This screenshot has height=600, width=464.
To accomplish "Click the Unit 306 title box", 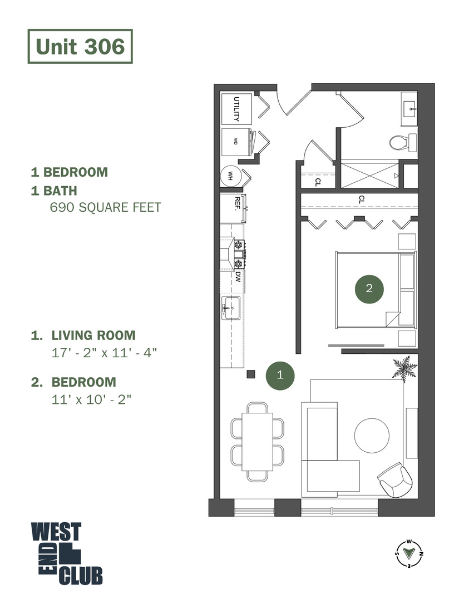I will (80, 47).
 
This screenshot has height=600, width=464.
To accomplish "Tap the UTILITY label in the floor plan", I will (236, 109).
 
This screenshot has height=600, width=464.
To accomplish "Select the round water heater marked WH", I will (230, 176).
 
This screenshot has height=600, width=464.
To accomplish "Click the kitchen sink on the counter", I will (230, 307).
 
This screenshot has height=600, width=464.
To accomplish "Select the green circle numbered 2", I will (369, 288).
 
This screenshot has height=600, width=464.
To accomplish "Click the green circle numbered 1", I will (280, 375).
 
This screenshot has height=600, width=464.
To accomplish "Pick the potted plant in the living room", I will (404, 368).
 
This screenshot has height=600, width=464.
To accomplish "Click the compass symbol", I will (409, 553).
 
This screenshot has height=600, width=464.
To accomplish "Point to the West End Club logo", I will (66, 553).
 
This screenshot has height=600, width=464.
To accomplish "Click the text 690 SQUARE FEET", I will (105, 208).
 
